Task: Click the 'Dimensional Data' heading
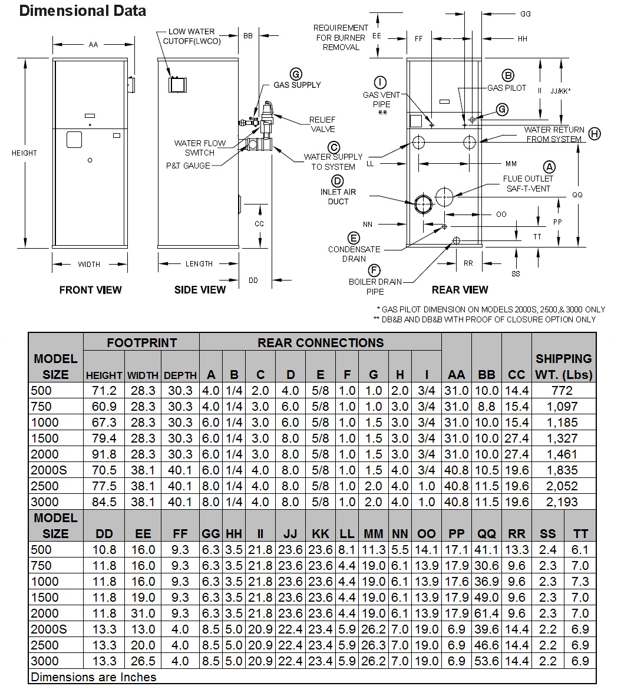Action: pyautogui.click(x=82, y=11)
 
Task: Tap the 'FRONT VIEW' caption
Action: pyautogui.click(x=90, y=289)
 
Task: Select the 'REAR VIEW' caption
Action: pyautogui.click(x=460, y=289)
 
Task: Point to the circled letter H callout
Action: pyautogui.click(x=595, y=134)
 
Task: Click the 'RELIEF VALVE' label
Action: pyautogui.click(x=322, y=124)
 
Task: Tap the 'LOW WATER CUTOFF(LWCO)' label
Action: pyautogui.click(x=191, y=37)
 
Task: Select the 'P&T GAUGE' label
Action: pyautogui.click(x=188, y=166)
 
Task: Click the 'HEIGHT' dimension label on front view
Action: pyautogui.click(x=24, y=153)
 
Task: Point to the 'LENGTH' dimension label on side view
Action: pyautogui.click(x=199, y=263)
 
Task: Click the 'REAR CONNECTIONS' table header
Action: pyautogui.click(x=320, y=342)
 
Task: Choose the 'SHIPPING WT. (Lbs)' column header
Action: pyautogui.click(x=563, y=366)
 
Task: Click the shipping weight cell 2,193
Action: pyautogui.click(x=562, y=502)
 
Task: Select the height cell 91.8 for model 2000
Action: pyautogui.click(x=104, y=454)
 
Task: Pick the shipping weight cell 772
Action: pyautogui.click(x=562, y=390)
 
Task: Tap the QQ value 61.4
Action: pyautogui.click(x=487, y=613)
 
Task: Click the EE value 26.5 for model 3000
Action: pyautogui.click(x=143, y=661)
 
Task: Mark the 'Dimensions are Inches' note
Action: pyautogui.click(x=94, y=677)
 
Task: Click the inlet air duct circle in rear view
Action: pyautogui.click(x=423, y=203)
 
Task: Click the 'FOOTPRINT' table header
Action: pyautogui.click(x=141, y=342)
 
